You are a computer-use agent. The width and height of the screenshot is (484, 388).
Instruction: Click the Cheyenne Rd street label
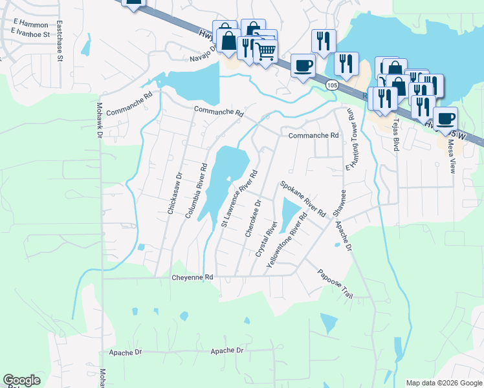(192, 277)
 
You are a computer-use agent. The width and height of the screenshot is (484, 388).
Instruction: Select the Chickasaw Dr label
(171, 192)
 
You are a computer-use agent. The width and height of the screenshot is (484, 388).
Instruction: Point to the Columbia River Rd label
(196, 190)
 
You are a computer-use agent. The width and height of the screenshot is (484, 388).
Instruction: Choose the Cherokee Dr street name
(253, 217)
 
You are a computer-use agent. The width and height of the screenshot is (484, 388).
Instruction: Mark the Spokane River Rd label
(302, 199)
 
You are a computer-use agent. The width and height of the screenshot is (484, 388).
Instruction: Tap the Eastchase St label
(59, 41)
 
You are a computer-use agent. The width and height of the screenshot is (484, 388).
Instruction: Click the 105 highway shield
(331, 85)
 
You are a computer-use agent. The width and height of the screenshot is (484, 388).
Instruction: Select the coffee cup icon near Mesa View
(445, 119)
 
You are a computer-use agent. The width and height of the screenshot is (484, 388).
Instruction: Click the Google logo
(21, 381)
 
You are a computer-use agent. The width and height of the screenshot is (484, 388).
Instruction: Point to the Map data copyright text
(443, 383)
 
